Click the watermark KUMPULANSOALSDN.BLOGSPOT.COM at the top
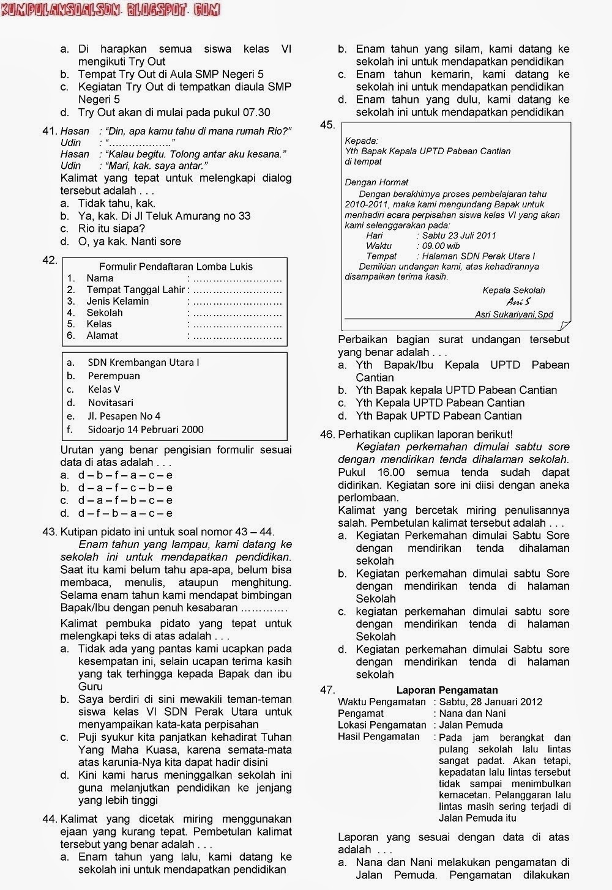[110, 10]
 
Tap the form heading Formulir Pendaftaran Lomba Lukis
[176, 267]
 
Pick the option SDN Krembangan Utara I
[143, 362]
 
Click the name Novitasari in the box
[110, 402]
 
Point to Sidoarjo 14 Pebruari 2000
[145, 429]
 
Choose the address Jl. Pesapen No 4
[124, 416]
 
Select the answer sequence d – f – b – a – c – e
[125, 513]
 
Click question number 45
[327, 125]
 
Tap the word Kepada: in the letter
[362, 141]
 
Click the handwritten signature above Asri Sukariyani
[518, 302]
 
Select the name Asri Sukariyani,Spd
[514, 314]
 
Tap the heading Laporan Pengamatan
[447, 690]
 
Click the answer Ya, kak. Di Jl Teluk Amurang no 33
[164, 216]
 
